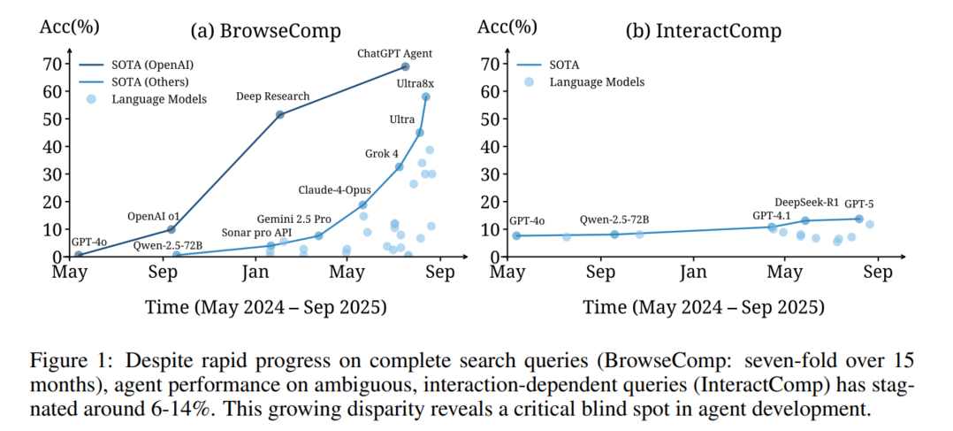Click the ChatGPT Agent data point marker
pos(405,66)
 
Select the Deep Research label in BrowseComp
pos(273,96)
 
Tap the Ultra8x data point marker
pos(425,97)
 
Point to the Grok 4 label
pos(382,153)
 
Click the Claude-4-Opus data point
pos(362,204)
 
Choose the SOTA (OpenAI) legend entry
pos(152,65)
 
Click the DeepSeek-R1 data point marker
pos(804,220)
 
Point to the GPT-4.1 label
pos(773,214)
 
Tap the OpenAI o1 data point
pos(171,229)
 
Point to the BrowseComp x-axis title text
pos(266,307)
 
